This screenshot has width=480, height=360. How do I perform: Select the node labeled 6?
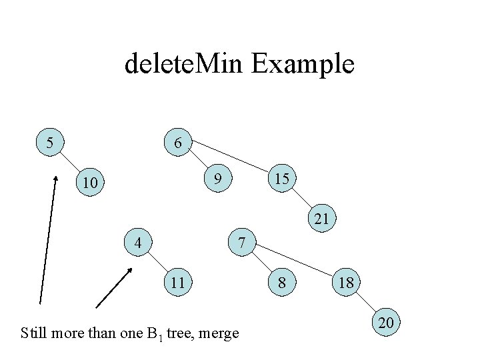tap(178, 143)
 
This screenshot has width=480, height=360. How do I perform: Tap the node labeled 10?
tap(90, 182)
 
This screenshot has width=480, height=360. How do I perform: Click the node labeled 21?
tap(322, 219)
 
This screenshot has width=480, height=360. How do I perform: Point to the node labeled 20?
tap(386, 323)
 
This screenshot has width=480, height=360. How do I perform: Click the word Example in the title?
tap(303, 65)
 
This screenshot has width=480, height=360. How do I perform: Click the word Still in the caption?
tap(33, 333)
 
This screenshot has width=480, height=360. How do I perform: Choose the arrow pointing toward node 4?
tap(114, 288)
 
